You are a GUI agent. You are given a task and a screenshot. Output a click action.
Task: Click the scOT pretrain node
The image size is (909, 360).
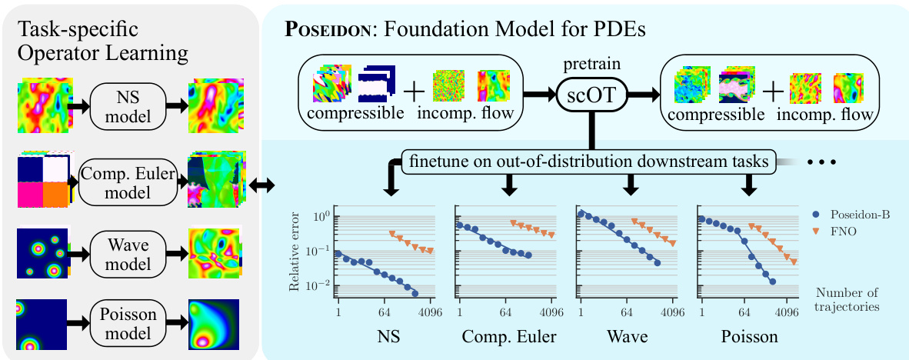[x=590, y=95]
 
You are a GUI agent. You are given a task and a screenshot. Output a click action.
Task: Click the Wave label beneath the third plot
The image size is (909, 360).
[x=627, y=338]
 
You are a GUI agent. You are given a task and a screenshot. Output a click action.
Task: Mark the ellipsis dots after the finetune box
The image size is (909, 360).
[x=825, y=162]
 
